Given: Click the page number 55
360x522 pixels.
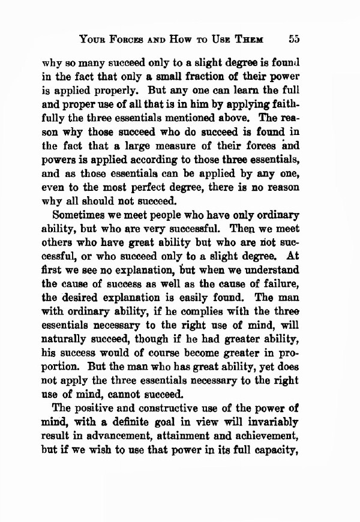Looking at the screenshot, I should pyautogui.click(x=294, y=40).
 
